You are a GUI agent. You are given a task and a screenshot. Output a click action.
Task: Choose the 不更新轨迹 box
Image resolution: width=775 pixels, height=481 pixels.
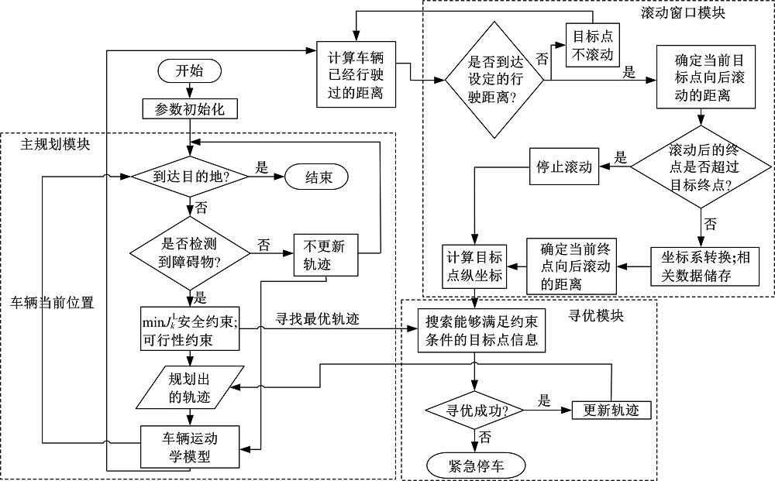[x=326, y=254]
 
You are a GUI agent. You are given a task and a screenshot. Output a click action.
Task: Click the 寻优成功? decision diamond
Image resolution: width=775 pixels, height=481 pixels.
[x=474, y=410]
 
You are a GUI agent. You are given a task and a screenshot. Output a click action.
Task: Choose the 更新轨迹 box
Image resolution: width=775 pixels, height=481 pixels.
[x=611, y=410]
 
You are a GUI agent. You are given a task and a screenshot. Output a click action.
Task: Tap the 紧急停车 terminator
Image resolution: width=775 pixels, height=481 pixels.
[x=475, y=465]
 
